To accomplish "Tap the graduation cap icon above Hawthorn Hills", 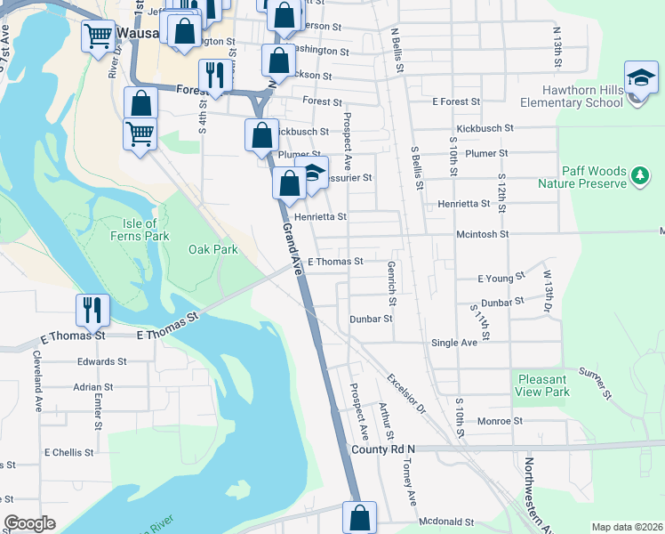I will click(641, 79).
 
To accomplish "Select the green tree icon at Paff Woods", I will click(638, 176).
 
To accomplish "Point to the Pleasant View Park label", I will click(542, 385).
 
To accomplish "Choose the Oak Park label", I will click(212, 250).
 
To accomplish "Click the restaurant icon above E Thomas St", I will click(92, 310).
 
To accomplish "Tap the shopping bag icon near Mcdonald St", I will click(359, 517).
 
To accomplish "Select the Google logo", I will click(29, 523).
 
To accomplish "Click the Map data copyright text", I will click(627, 527).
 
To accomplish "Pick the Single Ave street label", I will click(453, 343).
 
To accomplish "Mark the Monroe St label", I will click(500, 421).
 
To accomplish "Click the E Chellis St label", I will click(69, 452).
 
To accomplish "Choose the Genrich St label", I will click(392, 283).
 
